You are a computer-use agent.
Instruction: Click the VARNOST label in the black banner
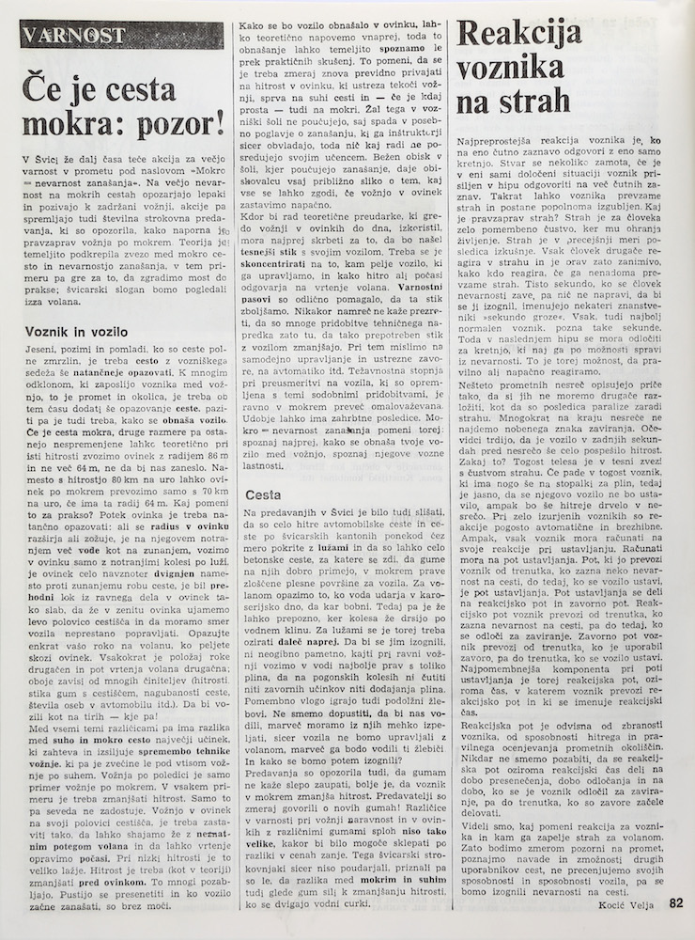pyautogui.click(x=64, y=35)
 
